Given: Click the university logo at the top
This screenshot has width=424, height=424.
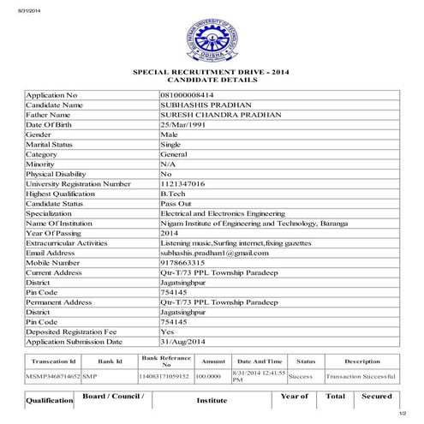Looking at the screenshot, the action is coord(212,39).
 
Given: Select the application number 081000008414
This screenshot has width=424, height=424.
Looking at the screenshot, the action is coord(188,93).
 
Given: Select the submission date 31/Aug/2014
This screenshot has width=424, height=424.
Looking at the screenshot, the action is coord(184,342).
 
